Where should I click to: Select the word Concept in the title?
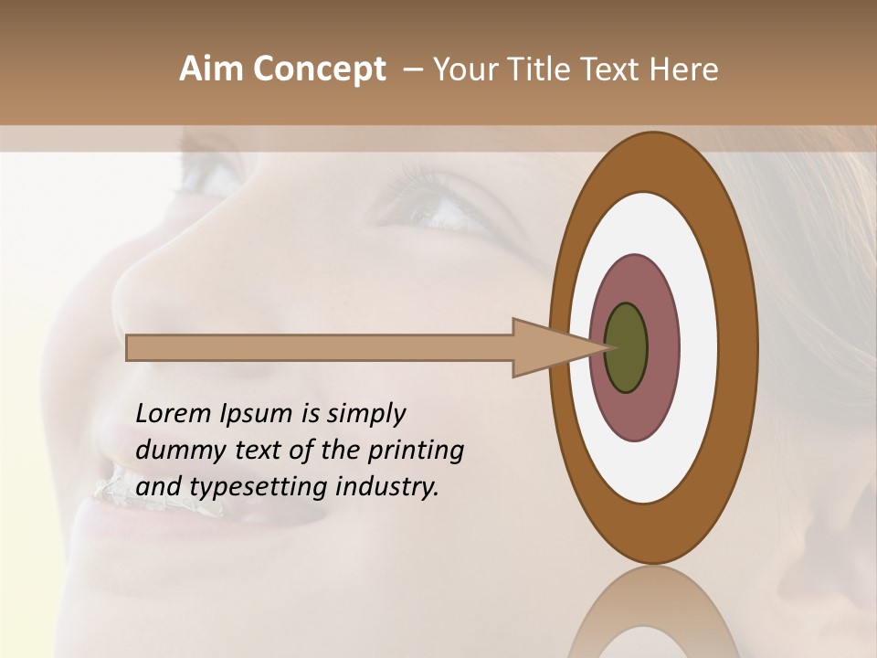tap(318, 69)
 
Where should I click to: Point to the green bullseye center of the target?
tap(625, 348)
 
